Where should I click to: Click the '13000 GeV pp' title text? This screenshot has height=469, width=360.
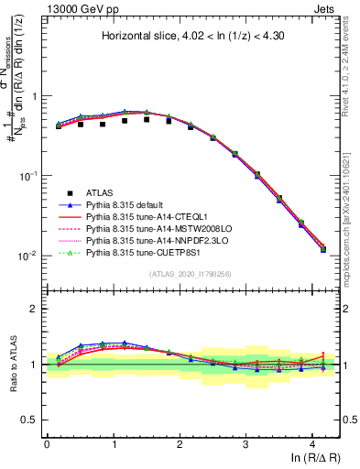coord(75,7)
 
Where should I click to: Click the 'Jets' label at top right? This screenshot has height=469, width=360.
coord(325,7)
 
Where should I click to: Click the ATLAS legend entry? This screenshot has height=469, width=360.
coord(100,192)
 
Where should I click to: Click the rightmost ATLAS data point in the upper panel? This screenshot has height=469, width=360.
coord(322,249)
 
